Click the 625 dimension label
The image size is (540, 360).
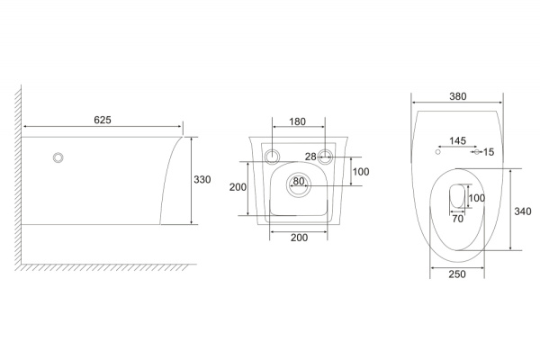pyautogui.click(x=103, y=120)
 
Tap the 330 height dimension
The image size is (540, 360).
pyautogui.click(x=202, y=179)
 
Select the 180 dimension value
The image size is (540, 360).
pyautogui.click(x=297, y=121)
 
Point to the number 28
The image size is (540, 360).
pyautogui.click(x=310, y=157)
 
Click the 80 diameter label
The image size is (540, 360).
pyautogui.click(x=299, y=181)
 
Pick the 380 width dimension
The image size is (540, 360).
pyautogui.click(x=458, y=96)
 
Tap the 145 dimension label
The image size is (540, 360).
pyautogui.click(x=458, y=140)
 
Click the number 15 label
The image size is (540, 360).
pyautogui.click(x=489, y=152)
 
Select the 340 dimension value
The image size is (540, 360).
pyautogui.click(x=522, y=211)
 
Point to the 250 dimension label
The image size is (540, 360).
pyautogui.click(x=457, y=274)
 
